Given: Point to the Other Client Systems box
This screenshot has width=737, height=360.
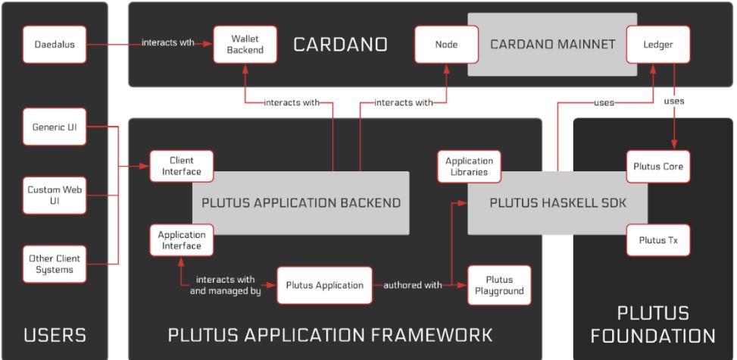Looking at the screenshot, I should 54,263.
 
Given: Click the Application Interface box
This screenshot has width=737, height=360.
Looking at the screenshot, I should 182,239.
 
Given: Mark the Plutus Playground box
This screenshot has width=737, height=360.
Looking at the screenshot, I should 498,285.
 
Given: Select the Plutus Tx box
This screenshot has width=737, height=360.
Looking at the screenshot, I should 657,239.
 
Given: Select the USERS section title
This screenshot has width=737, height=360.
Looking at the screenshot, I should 54,334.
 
